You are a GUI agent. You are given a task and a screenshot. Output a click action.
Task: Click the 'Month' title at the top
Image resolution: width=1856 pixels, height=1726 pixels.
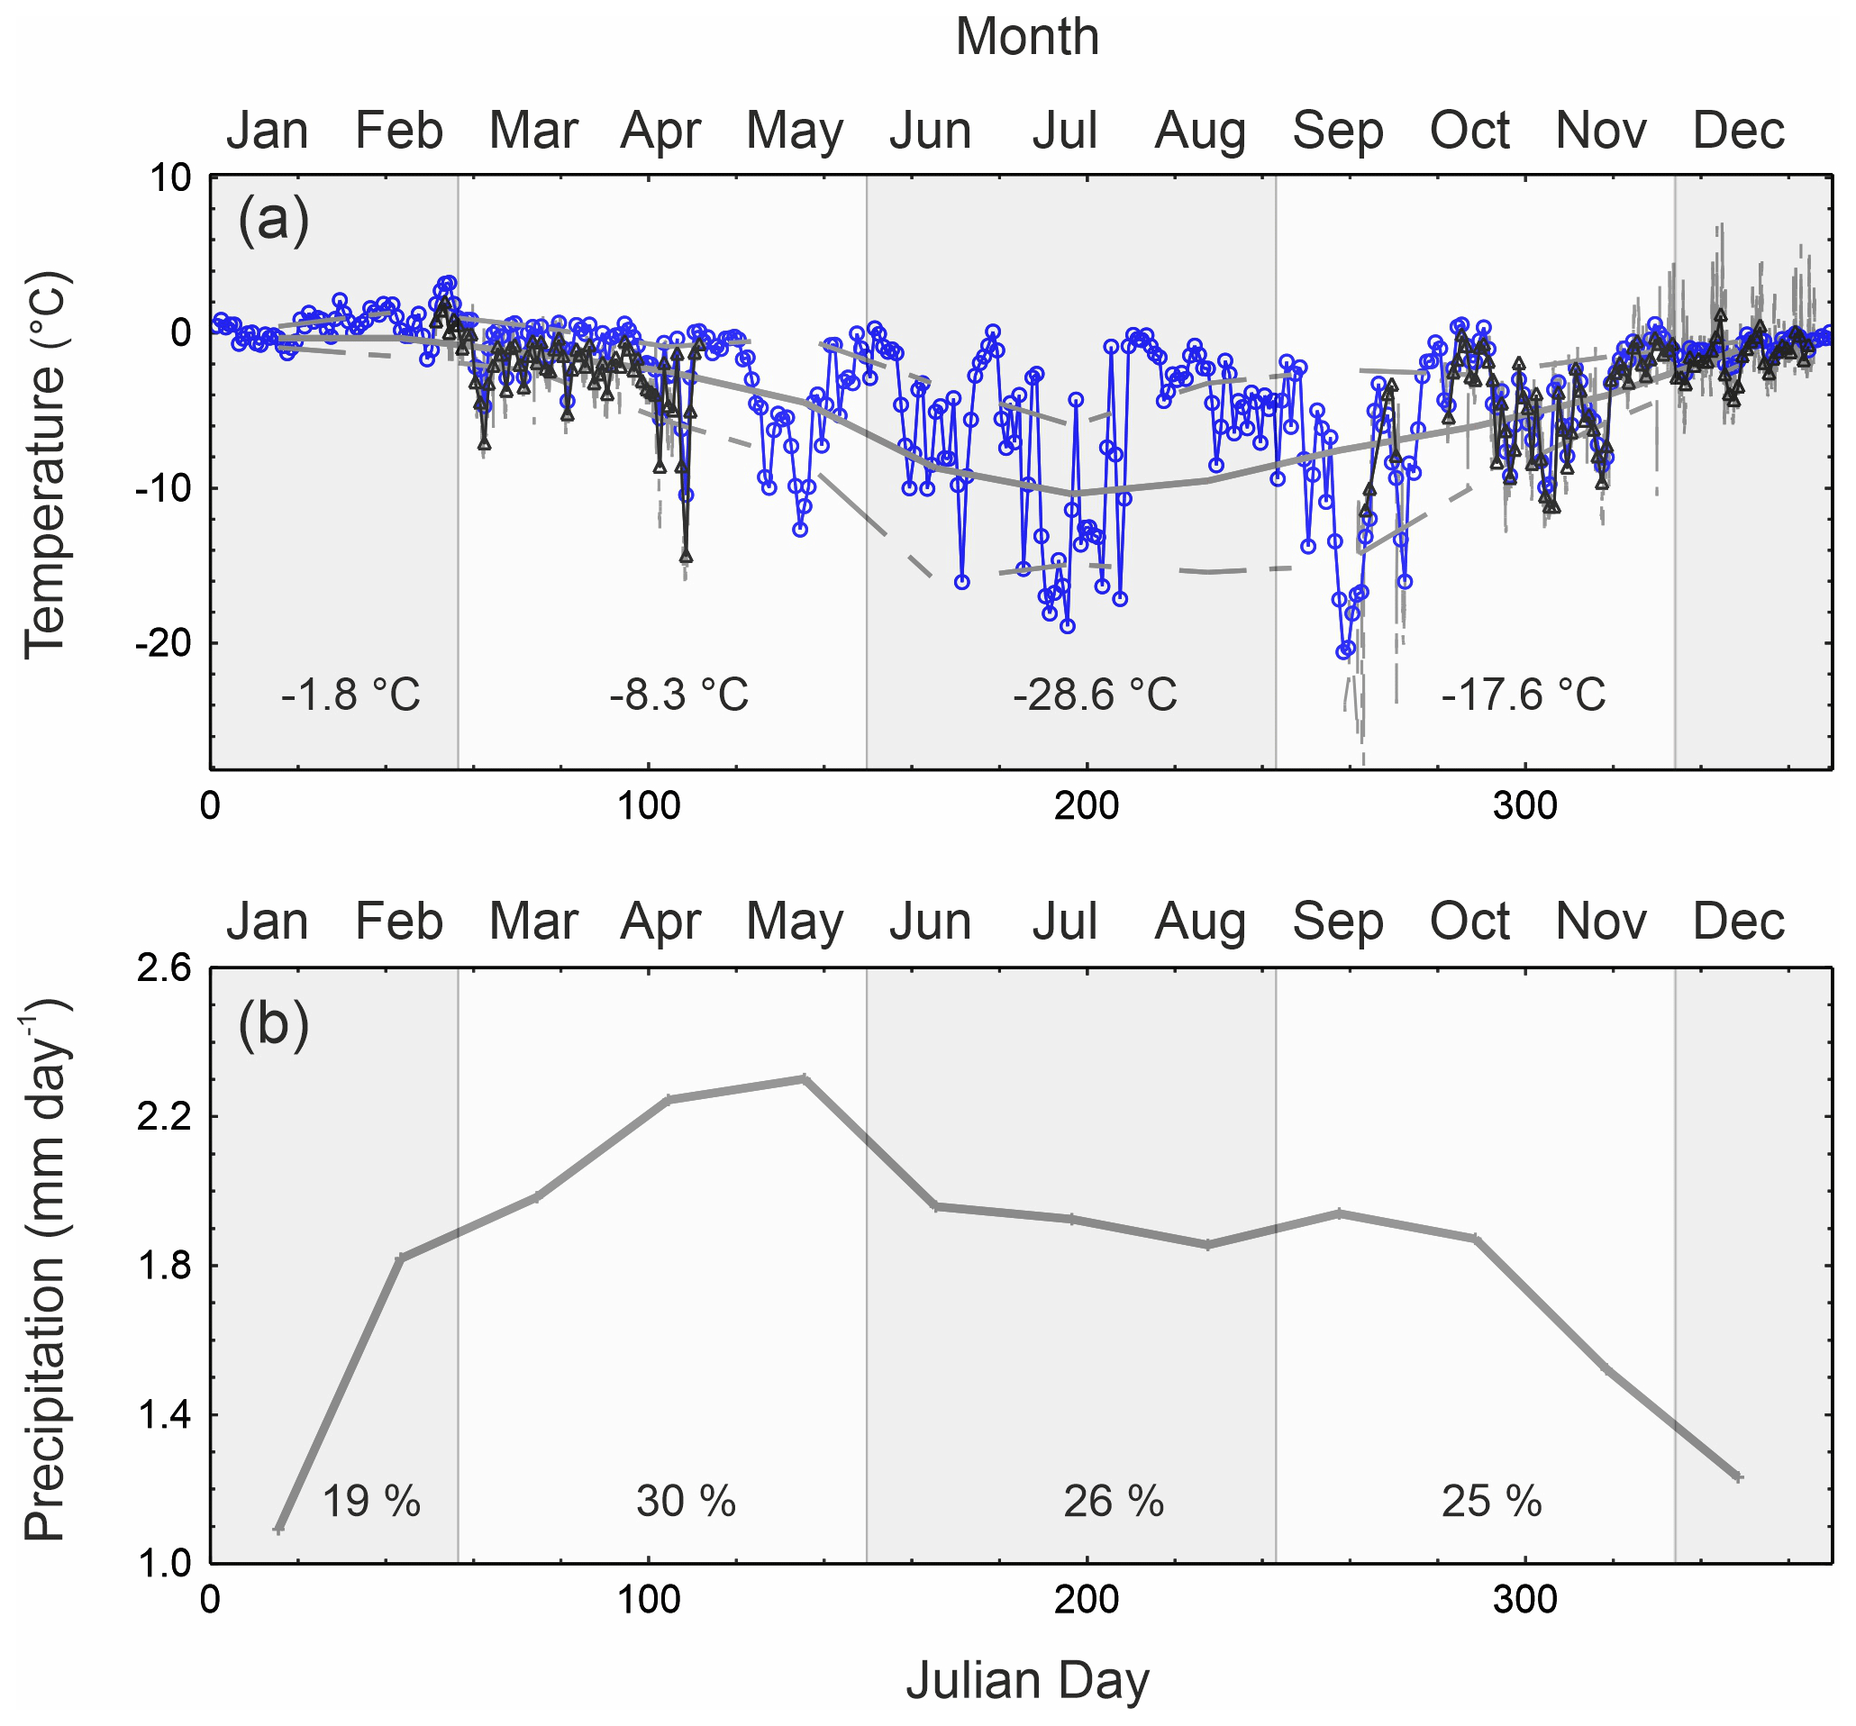[x=1027, y=37]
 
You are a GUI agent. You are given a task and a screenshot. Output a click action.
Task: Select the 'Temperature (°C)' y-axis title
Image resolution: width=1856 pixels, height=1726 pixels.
[x=45, y=465]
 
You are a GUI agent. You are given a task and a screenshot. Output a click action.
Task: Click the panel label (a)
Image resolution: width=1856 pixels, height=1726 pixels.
[x=273, y=221]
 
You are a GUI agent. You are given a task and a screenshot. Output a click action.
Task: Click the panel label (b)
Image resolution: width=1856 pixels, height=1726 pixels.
[x=273, y=1024]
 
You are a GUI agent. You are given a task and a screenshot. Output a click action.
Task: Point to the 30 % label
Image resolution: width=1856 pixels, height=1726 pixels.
[x=686, y=1502]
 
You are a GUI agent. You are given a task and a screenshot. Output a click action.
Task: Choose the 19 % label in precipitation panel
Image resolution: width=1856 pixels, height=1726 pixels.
[x=370, y=1502]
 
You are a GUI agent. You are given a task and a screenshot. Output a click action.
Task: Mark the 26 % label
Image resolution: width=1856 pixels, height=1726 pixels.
[x=1113, y=1502]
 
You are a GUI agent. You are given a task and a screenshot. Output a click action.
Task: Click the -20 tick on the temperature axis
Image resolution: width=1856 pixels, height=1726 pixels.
[x=164, y=643]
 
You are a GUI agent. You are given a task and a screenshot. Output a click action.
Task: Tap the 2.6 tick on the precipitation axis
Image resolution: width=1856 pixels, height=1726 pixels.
[x=164, y=968]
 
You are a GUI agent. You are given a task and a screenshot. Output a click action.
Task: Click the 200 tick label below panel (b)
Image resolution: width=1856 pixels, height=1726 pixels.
[x=1087, y=1601]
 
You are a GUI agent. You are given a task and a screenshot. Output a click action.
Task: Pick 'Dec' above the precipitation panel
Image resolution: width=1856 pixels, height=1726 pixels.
[x=1738, y=922]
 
